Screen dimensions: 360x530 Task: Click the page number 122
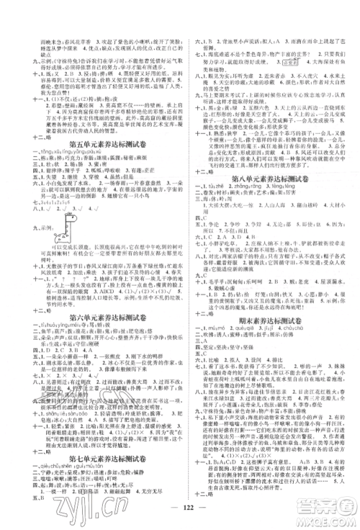(179, 518)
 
